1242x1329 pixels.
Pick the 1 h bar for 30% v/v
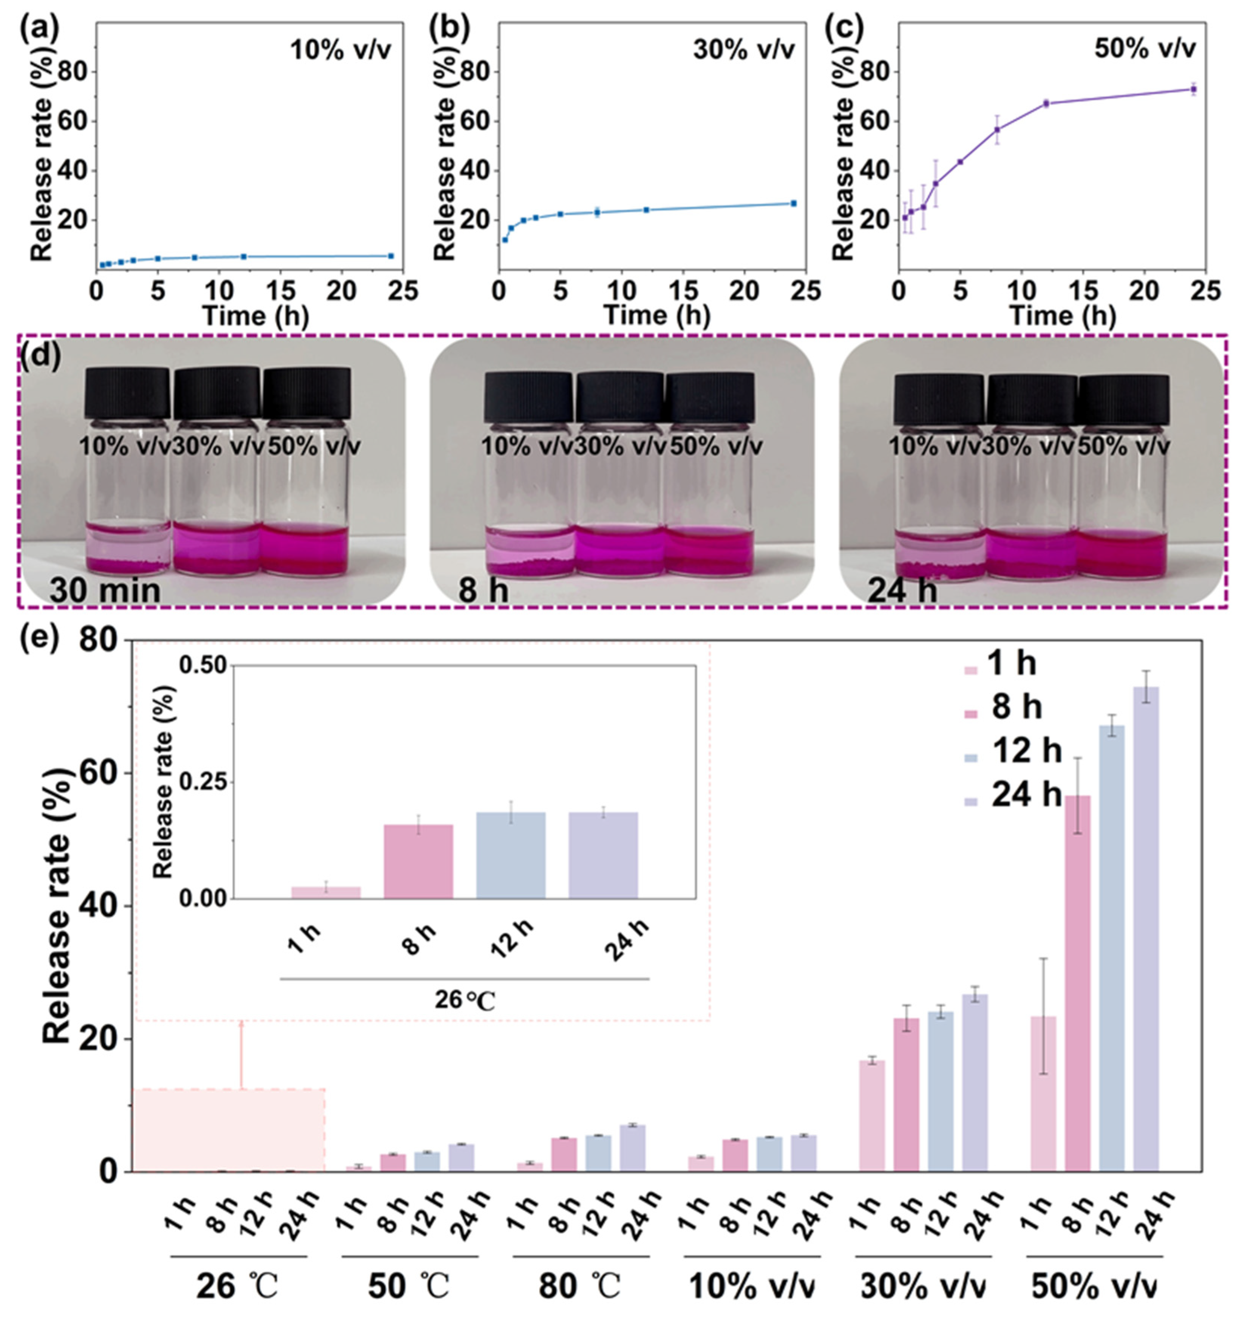click(x=872, y=1116)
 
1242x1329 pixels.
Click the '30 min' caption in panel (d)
click(x=105, y=590)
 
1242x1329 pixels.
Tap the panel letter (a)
click(x=39, y=29)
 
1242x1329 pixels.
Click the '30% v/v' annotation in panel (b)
click(x=744, y=50)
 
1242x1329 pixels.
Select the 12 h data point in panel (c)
click(x=1046, y=103)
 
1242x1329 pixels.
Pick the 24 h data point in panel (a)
click(x=391, y=256)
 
